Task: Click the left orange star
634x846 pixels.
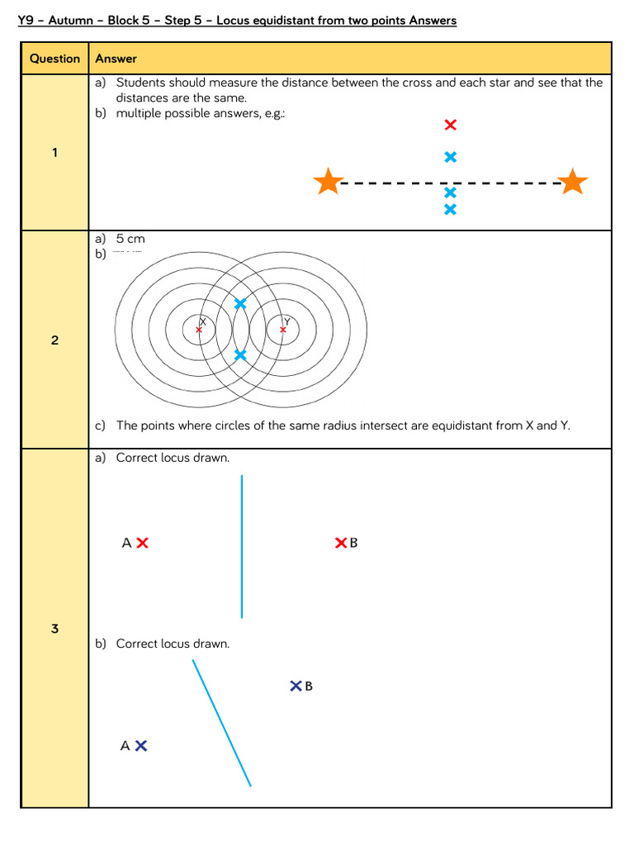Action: pyautogui.click(x=329, y=182)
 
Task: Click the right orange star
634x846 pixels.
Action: pyautogui.click(x=572, y=182)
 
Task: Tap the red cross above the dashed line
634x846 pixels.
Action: pyautogui.click(x=450, y=125)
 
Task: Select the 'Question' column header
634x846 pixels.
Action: pyautogui.click(x=54, y=59)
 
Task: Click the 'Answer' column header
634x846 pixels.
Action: pyautogui.click(x=116, y=59)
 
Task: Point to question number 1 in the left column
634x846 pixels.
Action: pyautogui.click(x=54, y=152)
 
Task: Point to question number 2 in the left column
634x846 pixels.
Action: pyautogui.click(x=54, y=340)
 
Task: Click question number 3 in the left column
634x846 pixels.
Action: pyautogui.click(x=54, y=629)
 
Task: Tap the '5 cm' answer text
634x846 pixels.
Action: pyautogui.click(x=130, y=239)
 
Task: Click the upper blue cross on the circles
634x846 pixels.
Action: pyautogui.click(x=240, y=304)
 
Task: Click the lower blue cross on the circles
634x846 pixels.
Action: pyautogui.click(x=240, y=355)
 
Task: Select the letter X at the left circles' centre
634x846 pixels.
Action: pyautogui.click(x=202, y=321)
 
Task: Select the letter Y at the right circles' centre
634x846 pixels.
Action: pyautogui.click(x=286, y=321)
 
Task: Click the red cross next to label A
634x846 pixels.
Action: pyautogui.click(x=142, y=543)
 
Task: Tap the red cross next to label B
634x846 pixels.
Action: pyautogui.click(x=340, y=543)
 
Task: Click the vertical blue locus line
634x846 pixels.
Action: pyautogui.click(x=242, y=545)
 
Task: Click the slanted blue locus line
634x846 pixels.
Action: pyautogui.click(x=221, y=723)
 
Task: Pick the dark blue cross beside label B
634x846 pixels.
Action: pyautogui.click(x=296, y=686)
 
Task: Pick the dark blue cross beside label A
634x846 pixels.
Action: pyautogui.click(x=141, y=745)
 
